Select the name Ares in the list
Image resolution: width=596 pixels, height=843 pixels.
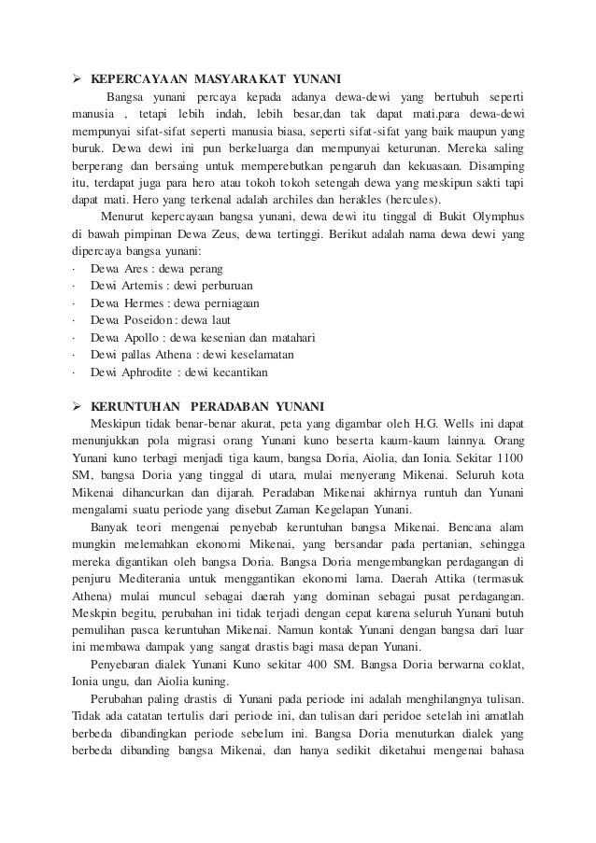click(x=139, y=269)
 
